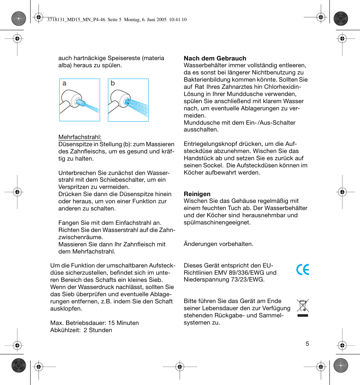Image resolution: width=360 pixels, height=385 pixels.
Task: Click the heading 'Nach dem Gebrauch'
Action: pyautogui.click(x=215, y=58)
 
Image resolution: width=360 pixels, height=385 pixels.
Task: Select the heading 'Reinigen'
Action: pyautogui.click(x=197, y=194)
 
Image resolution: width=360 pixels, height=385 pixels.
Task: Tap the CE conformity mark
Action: pyautogui.click(x=302, y=270)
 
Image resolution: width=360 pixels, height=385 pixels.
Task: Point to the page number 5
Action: pyautogui.click(x=307, y=343)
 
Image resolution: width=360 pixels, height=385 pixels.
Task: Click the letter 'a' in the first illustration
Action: pyautogui.click(x=65, y=83)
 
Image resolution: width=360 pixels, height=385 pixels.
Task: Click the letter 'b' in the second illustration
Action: pyautogui.click(x=113, y=83)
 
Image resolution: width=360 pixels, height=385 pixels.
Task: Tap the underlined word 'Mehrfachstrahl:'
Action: pyautogui.click(x=80, y=137)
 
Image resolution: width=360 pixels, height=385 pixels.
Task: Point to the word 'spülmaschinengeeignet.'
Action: pyautogui.click(x=217, y=222)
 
